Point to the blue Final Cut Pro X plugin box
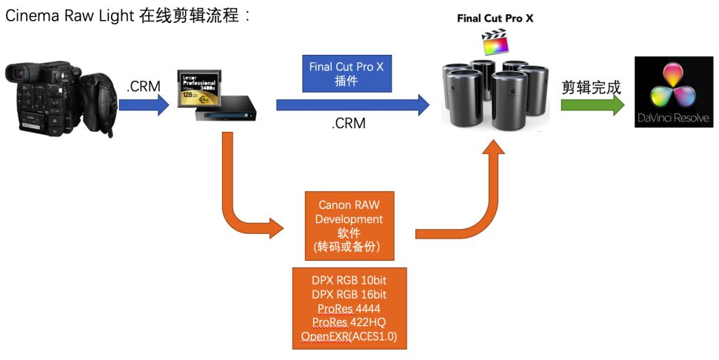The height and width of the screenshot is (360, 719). click(347, 74)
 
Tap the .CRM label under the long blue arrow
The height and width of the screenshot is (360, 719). click(348, 124)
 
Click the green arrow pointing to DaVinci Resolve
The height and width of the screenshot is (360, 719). click(592, 105)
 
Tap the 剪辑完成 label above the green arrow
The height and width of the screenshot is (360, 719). click(591, 87)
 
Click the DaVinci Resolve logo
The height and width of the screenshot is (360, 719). click(673, 94)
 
